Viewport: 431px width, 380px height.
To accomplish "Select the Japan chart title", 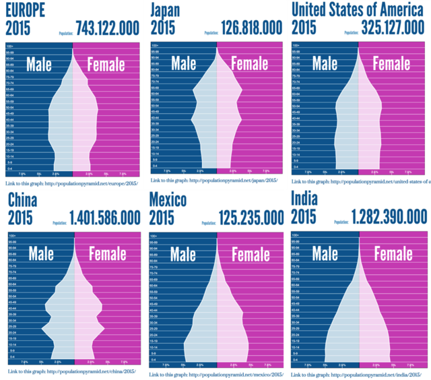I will coord(166,10).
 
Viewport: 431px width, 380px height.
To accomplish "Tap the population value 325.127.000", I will coord(390,28).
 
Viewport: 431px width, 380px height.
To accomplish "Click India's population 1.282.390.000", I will coord(389,216).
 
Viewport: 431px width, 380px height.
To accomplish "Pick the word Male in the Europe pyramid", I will coord(43,64).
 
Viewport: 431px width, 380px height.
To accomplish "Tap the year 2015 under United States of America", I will coord(304,28).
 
